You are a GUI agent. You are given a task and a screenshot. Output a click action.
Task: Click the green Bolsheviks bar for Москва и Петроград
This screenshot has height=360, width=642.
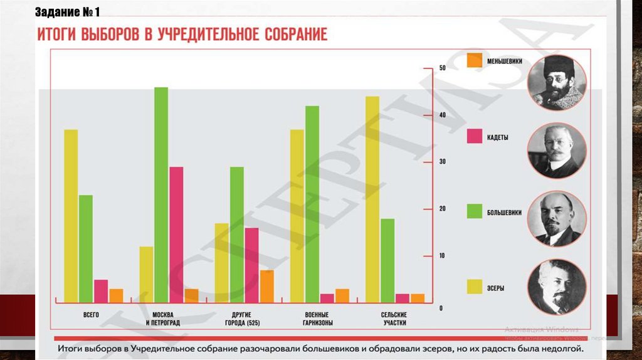[x=161, y=194]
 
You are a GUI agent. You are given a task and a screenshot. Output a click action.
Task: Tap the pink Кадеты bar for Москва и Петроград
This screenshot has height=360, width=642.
[x=176, y=235]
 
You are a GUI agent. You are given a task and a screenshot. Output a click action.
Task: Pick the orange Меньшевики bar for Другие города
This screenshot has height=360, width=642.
[x=266, y=286]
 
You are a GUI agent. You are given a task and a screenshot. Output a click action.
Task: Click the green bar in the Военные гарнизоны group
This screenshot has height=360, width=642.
[x=312, y=204]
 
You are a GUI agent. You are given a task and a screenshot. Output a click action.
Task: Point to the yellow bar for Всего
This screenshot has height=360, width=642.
[x=71, y=216]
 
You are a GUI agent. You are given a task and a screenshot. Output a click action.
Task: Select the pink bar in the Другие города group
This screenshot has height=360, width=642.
[x=251, y=265]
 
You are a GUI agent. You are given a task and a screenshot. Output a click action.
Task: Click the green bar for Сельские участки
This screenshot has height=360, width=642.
[x=387, y=260]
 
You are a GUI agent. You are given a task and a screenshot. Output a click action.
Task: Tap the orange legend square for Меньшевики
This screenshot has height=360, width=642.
[x=475, y=61]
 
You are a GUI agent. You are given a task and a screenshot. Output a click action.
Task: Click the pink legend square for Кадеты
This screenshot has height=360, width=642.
[x=475, y=137]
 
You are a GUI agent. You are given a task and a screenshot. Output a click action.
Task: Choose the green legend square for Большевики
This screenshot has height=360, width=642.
[x=475, y=211]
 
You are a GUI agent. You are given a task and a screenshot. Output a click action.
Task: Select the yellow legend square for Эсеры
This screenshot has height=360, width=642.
[x=475, y=287]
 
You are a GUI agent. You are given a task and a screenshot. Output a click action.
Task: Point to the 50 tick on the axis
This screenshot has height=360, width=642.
[x=442, y=68]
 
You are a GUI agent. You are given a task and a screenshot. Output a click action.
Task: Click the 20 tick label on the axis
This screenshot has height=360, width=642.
[x=442, y=209]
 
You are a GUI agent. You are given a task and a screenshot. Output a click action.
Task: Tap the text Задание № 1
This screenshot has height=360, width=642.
[x=68, y=12]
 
